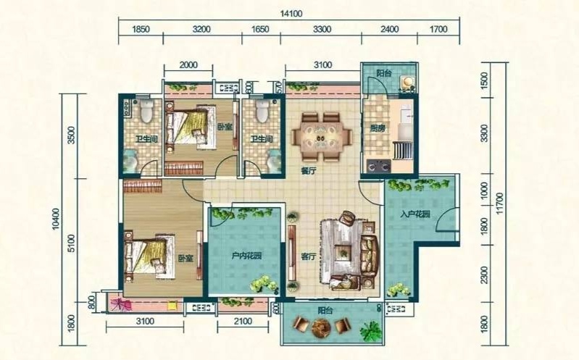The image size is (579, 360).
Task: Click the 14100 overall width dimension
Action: click(291, 14)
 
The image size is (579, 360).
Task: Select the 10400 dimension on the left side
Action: click(56, 219)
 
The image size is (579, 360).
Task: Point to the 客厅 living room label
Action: click(308, 256)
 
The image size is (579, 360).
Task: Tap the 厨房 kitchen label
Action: click(378, 128)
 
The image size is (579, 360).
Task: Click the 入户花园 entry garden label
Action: click(415, 214)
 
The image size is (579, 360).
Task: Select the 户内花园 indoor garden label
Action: click(246, 256)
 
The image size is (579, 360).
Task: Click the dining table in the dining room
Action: click(321, 138)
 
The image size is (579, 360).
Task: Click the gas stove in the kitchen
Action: click(379, 165)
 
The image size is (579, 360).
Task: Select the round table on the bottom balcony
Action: click(320, 327)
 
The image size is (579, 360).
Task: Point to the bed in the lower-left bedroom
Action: click(149, 257)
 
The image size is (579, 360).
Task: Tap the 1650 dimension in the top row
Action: click(260, 29)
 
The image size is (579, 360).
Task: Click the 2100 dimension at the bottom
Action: click(243, 321)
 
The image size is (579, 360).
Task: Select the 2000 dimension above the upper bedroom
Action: click(188, 65)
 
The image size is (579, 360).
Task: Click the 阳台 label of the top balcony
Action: click(384, 73)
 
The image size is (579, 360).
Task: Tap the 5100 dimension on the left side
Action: click(71, 243)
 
